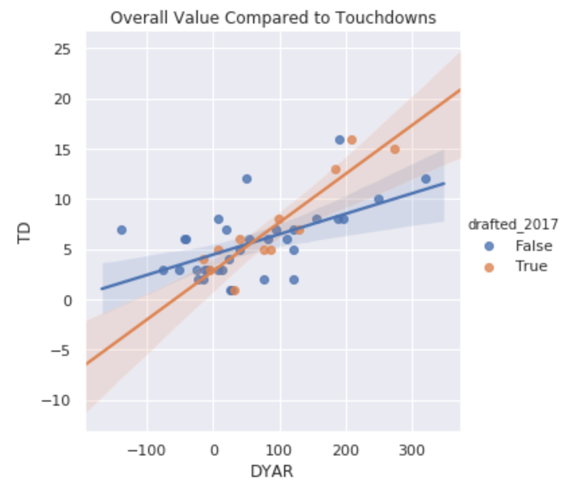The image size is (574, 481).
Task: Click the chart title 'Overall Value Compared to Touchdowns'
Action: point(273,18)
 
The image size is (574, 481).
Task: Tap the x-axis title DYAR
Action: point(273,470)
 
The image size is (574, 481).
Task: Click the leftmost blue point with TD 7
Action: point(122,230)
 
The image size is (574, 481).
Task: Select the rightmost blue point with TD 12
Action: point(426,179)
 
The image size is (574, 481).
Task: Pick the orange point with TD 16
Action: point(352,140)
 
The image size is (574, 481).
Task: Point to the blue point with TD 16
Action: point(340,140)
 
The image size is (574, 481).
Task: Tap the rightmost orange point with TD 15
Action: point(395,149)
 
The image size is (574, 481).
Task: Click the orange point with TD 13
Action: point(336,170)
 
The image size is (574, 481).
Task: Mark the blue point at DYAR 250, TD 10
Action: point(379,199)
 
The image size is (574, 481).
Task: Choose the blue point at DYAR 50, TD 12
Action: point(247,179)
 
